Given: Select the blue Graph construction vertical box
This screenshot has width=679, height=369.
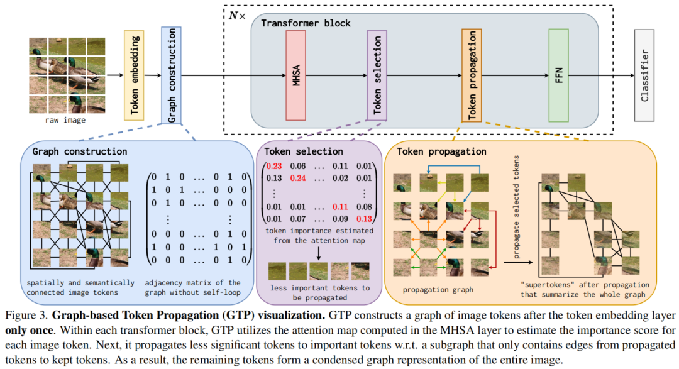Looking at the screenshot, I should click(172, 75).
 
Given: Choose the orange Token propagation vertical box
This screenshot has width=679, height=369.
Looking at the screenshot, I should click(472, 75).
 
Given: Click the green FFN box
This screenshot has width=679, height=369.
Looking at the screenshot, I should click(558, 75).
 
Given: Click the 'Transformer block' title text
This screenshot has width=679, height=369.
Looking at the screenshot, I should click(306, 23).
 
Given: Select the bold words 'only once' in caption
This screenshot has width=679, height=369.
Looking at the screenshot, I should click(31, 327).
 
